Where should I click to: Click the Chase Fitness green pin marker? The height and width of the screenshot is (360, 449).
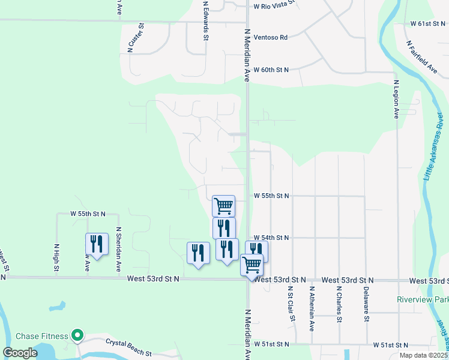click(x=77, y=334)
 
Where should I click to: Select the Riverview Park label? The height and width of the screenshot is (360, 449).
click(x=422, y=299)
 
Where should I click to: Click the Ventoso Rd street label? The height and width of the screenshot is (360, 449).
click(x=270, y=37)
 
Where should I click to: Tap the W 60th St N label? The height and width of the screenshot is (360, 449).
click(x=271, y=70)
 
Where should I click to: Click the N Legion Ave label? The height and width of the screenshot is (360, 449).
click(x=396, y=99)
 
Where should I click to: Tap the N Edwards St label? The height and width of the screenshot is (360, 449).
click(x=205, y=20)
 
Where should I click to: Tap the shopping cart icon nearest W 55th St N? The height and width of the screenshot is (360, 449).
click(x=223, y=206)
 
